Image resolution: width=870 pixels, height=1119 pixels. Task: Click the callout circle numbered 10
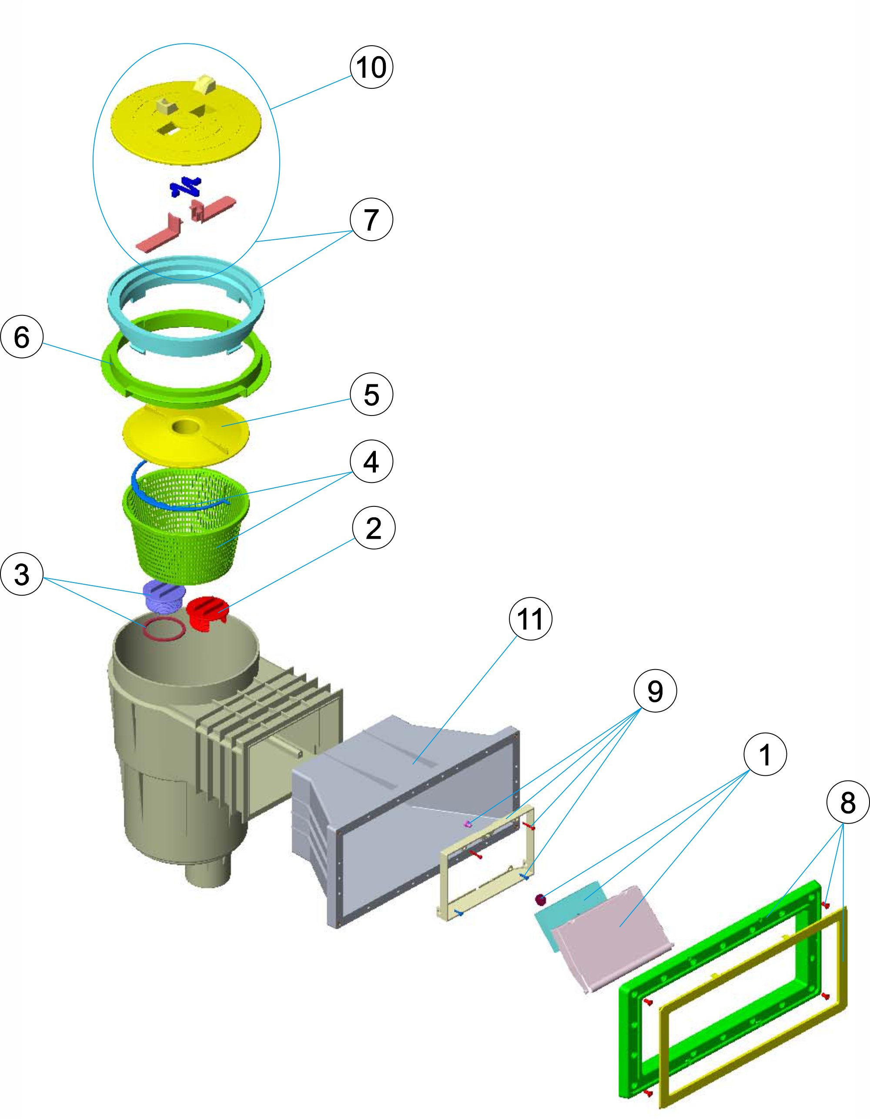click(x=371, y=67)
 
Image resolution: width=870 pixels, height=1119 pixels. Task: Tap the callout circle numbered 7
click(x=371, y=219)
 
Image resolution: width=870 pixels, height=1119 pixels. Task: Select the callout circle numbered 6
click(x=21, y=337)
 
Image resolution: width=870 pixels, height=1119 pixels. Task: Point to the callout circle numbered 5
click(x=371, y=395)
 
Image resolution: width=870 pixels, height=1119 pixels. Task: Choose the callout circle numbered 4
click(x=371, y=462)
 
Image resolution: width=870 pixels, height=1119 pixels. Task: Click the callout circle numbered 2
click(x=374, y=528)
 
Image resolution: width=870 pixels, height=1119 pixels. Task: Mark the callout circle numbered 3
click(x=21, y=574)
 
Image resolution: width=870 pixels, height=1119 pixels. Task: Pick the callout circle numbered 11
click(x=530, y=620)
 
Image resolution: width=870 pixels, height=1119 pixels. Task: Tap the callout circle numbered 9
click(x=655, y=691)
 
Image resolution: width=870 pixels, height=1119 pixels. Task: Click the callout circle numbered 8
click(x=847, y=802)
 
